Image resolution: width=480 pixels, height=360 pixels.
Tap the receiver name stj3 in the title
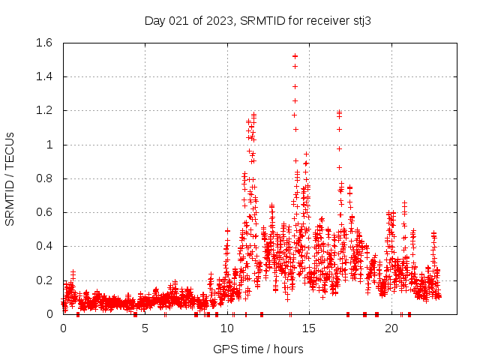(357, 20)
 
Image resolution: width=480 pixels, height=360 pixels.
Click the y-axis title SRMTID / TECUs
(10, 178)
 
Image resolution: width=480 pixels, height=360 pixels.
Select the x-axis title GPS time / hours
(258, 349)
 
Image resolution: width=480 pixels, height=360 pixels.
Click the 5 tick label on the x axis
(145, 328)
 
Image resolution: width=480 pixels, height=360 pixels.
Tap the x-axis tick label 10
(227, 328)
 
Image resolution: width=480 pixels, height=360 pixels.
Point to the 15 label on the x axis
(309, 328)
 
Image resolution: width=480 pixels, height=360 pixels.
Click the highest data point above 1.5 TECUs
(295, 56)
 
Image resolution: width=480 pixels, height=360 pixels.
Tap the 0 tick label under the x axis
(63, 328)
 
